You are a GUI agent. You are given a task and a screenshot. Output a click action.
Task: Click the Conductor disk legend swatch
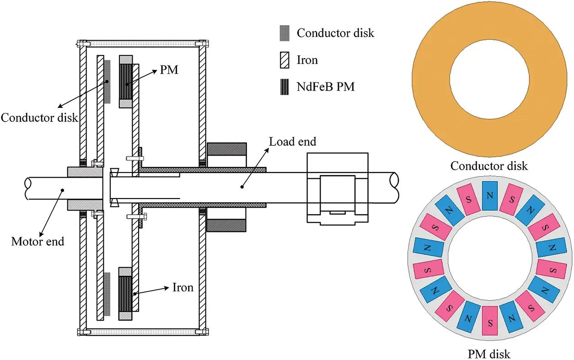[284, 33]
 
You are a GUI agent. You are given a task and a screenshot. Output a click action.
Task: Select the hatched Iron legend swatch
[284, 59]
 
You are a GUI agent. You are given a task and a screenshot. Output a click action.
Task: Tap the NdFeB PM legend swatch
[284, 86]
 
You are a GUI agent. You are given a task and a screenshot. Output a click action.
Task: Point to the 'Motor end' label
[38, 241]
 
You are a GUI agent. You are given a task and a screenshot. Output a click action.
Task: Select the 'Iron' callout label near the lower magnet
[183, 287]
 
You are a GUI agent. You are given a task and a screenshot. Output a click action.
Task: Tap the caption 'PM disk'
[489, 354]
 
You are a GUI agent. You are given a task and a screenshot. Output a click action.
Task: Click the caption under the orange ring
[489, 166]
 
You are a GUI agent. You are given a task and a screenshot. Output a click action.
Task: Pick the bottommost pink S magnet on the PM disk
[489, 320]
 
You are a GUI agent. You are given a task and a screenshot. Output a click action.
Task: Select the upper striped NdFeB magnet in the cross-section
[126, 81]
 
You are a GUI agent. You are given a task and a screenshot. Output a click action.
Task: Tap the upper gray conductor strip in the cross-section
[107, 81]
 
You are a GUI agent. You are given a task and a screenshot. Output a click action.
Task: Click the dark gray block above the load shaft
[227, 149]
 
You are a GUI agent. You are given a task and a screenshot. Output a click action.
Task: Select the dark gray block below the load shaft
[227, 225]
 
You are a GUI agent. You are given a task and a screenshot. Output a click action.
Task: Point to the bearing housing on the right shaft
[337, 188]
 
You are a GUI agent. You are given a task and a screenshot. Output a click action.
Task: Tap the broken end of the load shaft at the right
[394, 188]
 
